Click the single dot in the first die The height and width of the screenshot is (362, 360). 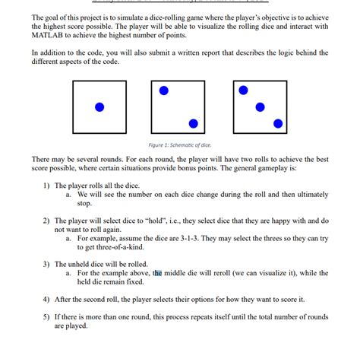(99, 106)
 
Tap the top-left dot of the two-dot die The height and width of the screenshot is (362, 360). (164, 90)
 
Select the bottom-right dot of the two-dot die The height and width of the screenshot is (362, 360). (193, 123)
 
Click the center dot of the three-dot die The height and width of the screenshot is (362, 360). (261, 106)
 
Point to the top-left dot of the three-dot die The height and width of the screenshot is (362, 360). (243, 90)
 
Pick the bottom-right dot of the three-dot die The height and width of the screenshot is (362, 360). (278, 123)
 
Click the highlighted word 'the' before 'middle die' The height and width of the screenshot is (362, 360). (158, 272)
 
